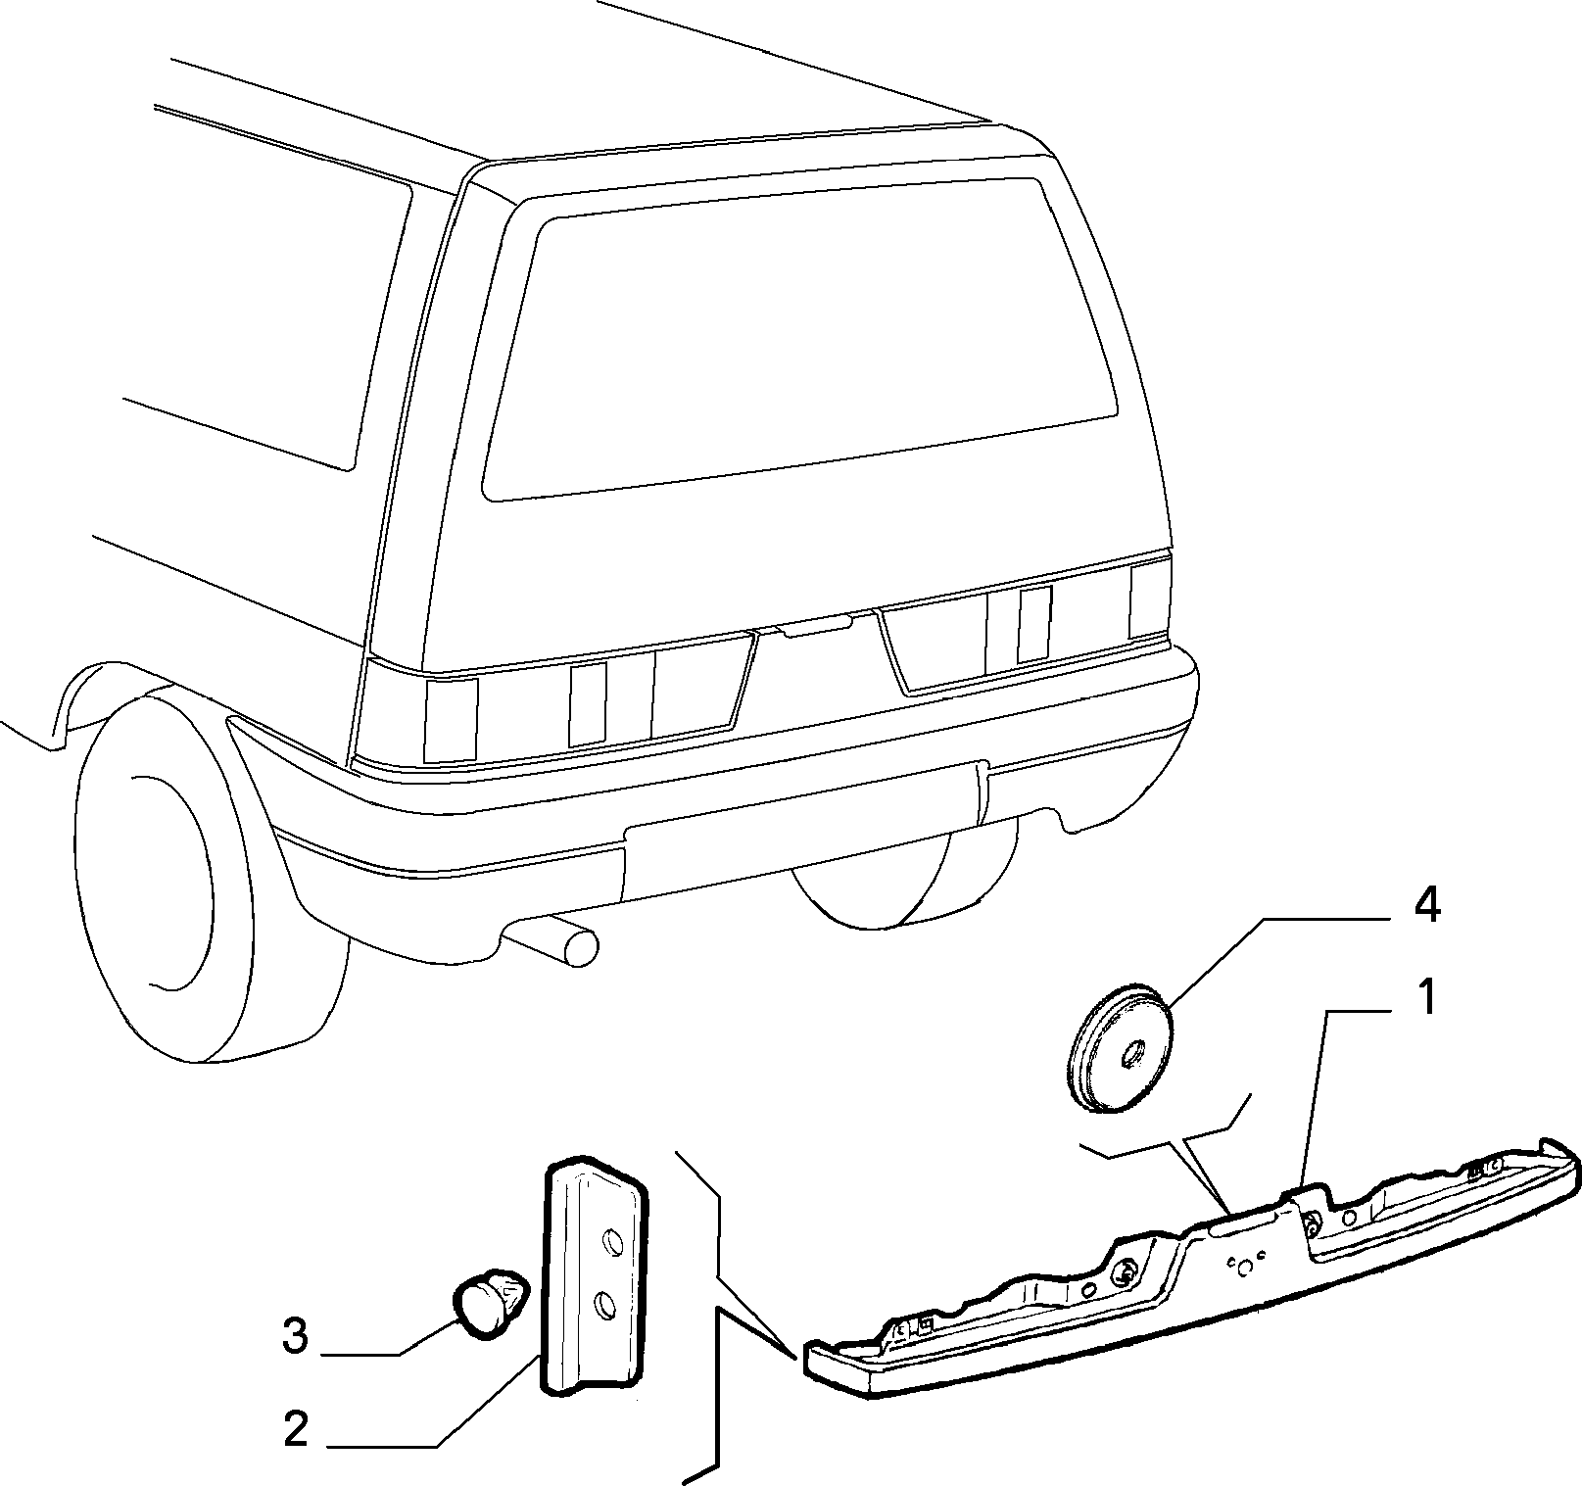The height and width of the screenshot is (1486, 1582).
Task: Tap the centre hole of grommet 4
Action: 1134,1054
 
